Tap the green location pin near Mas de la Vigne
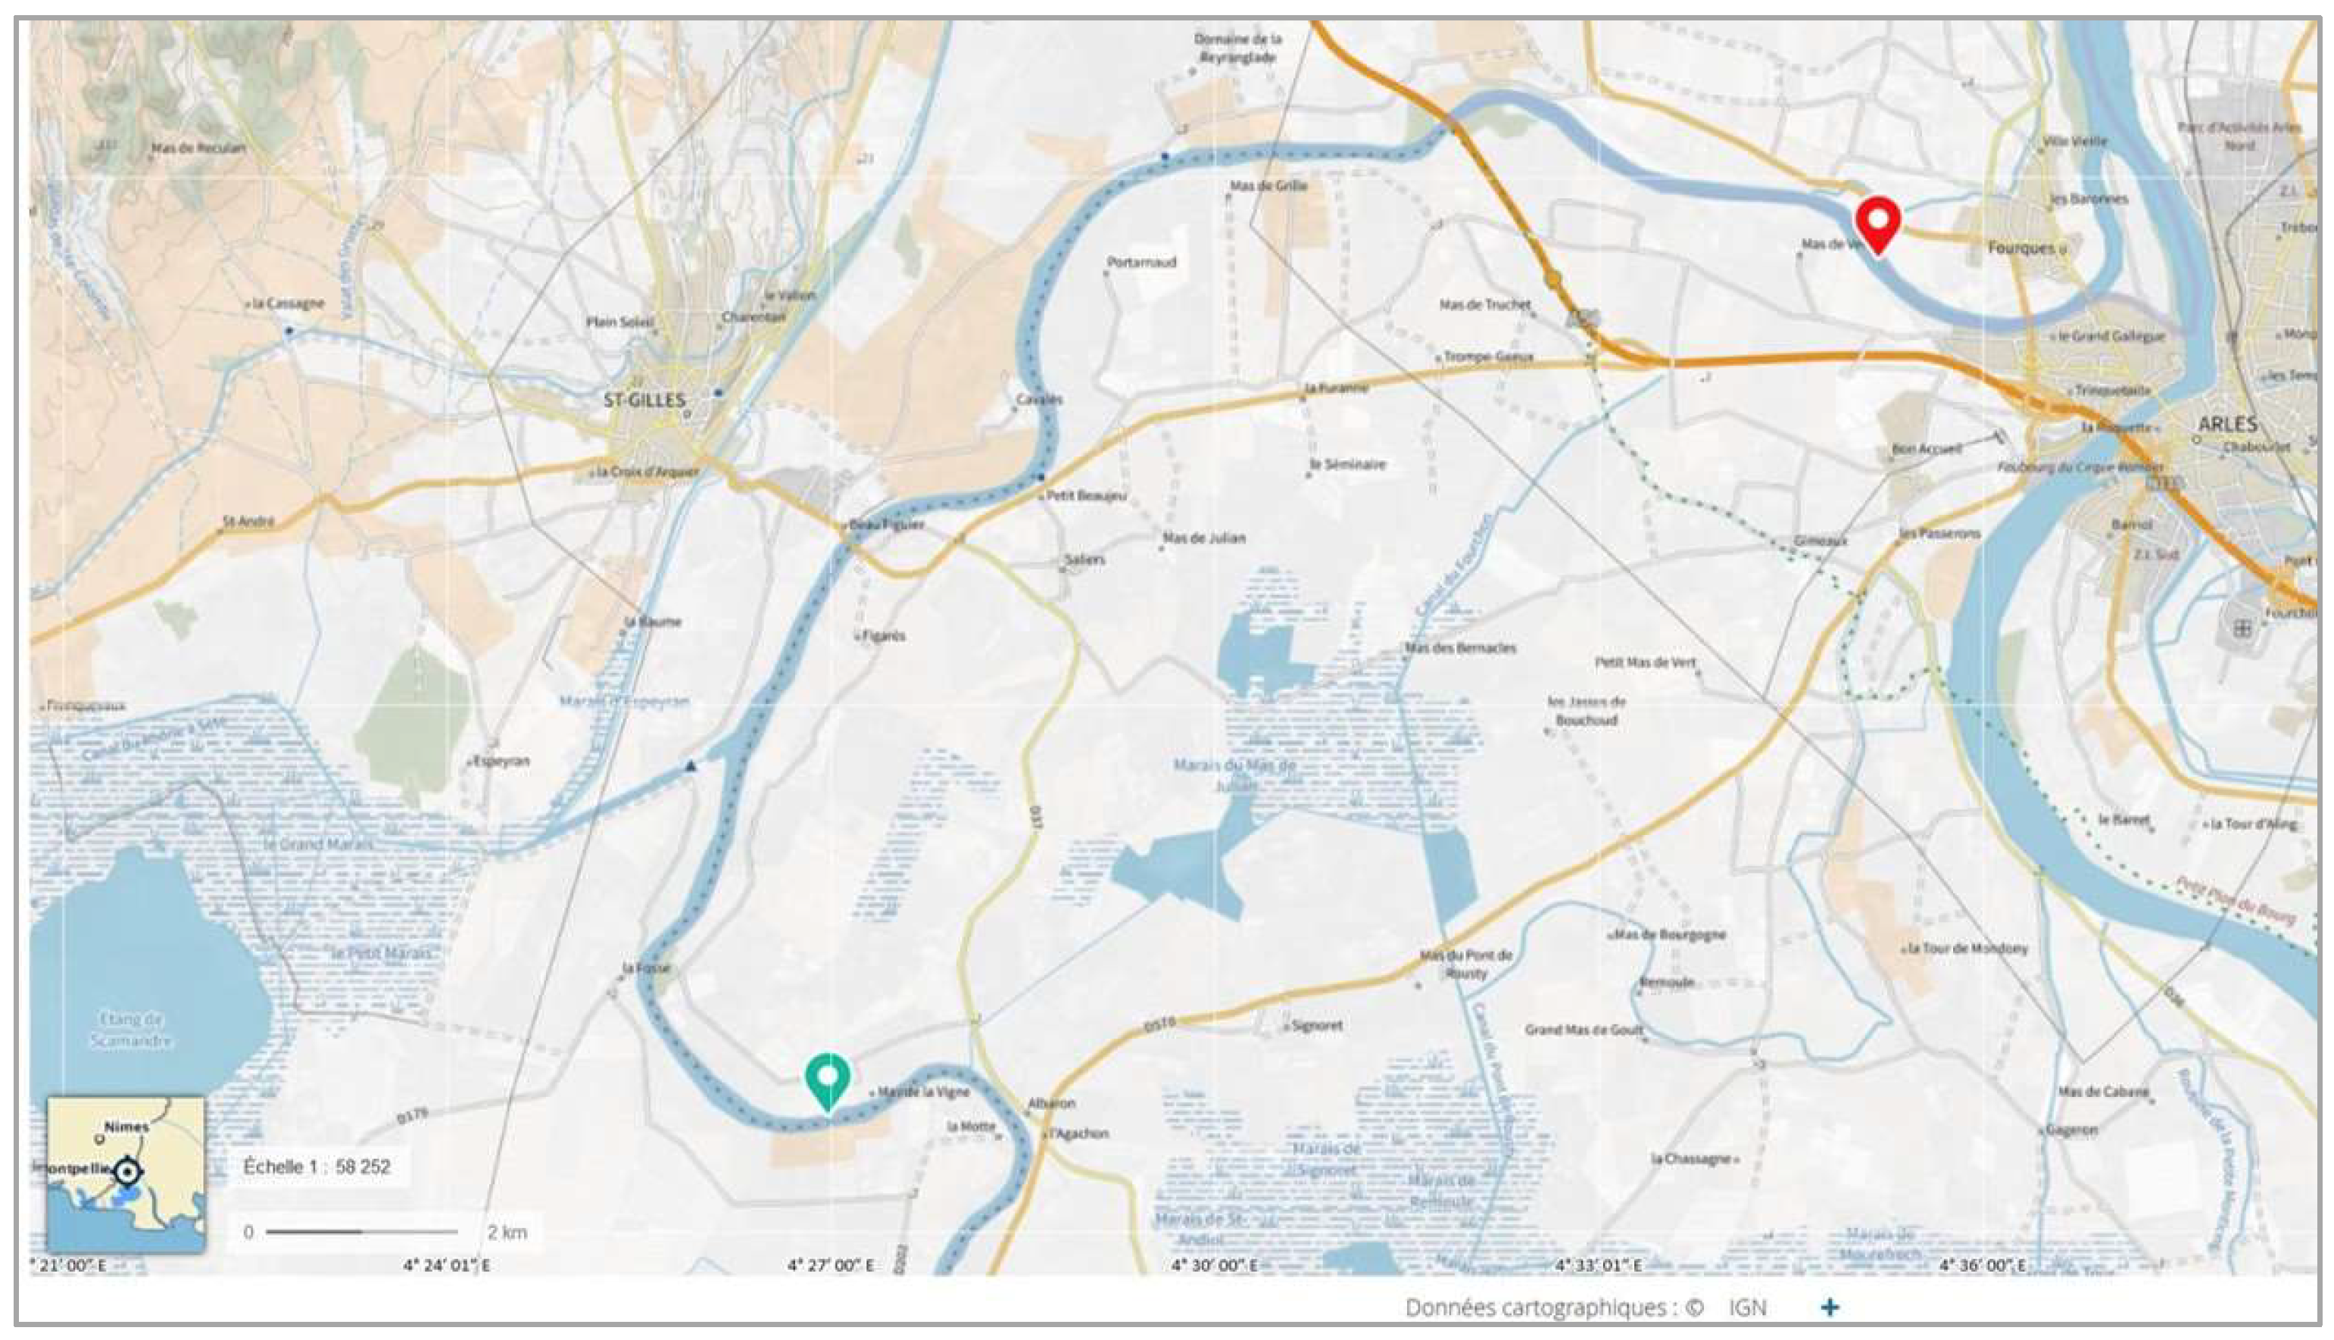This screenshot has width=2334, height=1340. coord(828,1079)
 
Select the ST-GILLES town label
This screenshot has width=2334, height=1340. coord(644,400)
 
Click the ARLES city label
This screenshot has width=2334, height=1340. coord(2227,424)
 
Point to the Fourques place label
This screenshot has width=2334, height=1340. coord(2021,248)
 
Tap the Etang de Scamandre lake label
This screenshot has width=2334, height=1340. coord(131,1030)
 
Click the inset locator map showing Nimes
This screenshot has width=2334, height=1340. coord(126,1173)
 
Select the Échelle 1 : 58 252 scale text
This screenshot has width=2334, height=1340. coord(317,1167)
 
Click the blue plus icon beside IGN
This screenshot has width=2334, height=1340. coord(1830,1307)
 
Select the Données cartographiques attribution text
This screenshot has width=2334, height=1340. coord(1553,1307)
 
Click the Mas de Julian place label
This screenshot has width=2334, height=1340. coord(1204,538)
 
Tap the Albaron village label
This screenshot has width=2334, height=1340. coord(1051,1102)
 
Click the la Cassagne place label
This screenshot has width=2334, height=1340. coord(288,304)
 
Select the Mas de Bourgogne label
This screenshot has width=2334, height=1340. coord(1670,935)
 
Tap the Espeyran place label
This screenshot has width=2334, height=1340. coord(501,761)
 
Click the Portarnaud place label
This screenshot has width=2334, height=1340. coord(1141,262)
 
